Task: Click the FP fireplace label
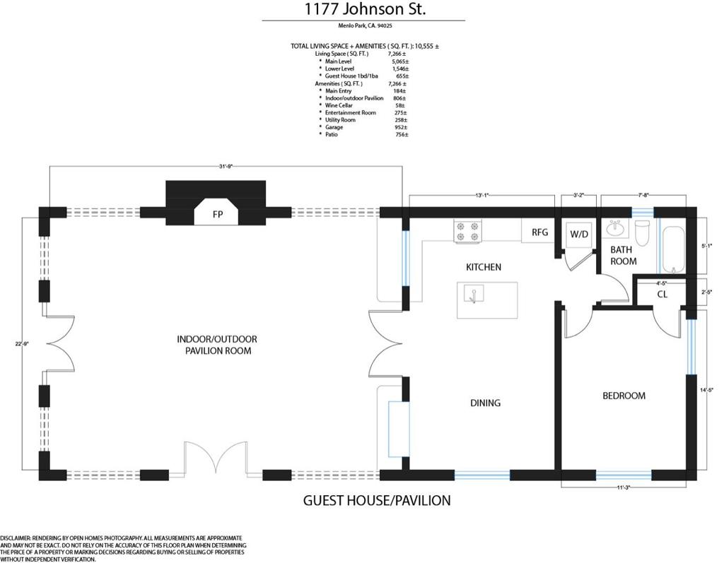(217, 213)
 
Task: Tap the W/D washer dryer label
(580, 234)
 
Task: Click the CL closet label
(662, 294)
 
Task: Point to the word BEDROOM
(624, 396)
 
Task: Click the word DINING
(485, 403)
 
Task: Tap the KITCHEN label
(484, 267)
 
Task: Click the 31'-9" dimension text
(226, 166)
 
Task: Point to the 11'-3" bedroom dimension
(624, 487)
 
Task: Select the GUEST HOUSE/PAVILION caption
(376, 501)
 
